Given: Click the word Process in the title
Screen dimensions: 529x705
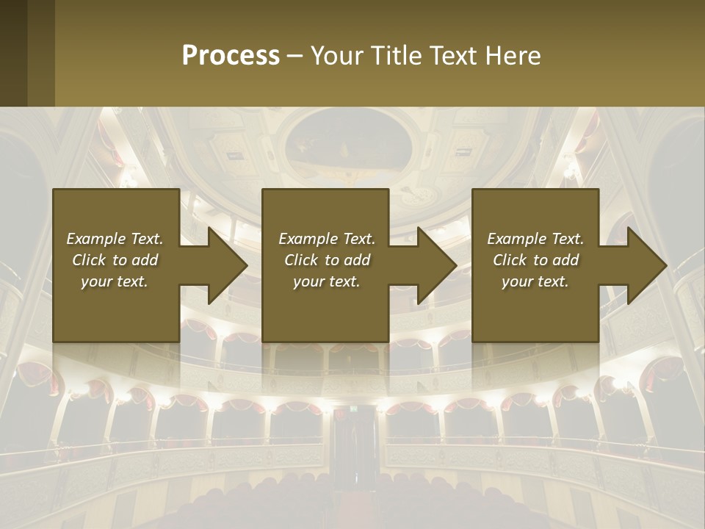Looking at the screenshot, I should click(x=231, y=56).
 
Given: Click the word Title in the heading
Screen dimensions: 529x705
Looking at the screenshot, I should click(x=396, y=56).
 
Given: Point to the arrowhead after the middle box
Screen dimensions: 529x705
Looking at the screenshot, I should click(x=435, y=265).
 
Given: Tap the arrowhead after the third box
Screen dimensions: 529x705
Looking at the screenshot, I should click(x=646, y=265).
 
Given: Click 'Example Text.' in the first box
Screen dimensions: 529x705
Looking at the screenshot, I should click(x=115, y=239).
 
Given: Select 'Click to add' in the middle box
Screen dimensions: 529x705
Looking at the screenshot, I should click(x=327, y=260).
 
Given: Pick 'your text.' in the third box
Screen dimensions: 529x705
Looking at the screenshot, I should click(x=535, y=281).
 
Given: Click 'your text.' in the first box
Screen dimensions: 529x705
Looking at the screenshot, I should click(x=115, y=281).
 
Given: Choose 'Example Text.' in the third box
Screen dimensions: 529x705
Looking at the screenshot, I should click(x=535, y=239).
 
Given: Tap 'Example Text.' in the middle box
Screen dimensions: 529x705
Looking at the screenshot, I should click(x=327, y=239).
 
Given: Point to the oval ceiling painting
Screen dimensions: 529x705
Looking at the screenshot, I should click(x=348, y=140).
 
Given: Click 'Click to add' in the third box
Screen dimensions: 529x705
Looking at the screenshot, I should click(x=535, y=260).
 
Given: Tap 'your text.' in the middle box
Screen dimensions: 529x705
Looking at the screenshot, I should click(x=327, y=281).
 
